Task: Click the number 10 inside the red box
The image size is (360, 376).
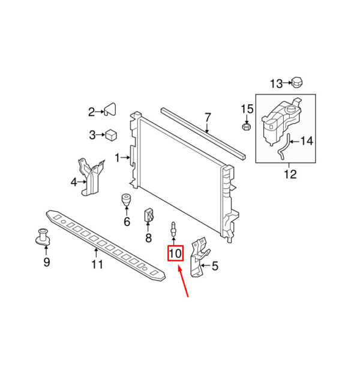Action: pyautogui.click(x=175, y=254)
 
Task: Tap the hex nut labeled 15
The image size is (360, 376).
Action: pyautogui.click(x=247, y=127)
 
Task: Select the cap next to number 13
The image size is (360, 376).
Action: pyautogui.click(x=297, y=83)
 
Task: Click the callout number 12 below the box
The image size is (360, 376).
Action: pyautogui.click(x=290, y=175)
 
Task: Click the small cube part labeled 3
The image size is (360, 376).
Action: pyautogui.click(x=111, y=135)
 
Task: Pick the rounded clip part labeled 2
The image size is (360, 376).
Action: pyautogui.click(x=110, y=109)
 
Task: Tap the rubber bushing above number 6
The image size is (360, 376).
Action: pyautogui.click(x=127, y=199)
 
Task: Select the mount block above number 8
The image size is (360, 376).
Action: pyautogui.click(x=149, y=215)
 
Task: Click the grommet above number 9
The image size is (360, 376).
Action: pyautogui.click(x=43, y=237)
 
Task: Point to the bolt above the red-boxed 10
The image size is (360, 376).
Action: pyautogui.click(x=173, y=229)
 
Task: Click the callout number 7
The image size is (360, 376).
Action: pyautogui.click(x=208, y=118)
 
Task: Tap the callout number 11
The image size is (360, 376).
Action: pyautogui.click(x=97, y=264)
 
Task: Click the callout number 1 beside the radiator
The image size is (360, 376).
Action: pyautogui.click(x=117, y=158)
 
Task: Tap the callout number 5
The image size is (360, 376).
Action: pyautogui.click(x=215, y=266)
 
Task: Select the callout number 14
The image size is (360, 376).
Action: pyautogui.click(x=307, y=141)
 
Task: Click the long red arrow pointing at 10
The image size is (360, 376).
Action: pyautogui.click(x=183, y=281)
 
